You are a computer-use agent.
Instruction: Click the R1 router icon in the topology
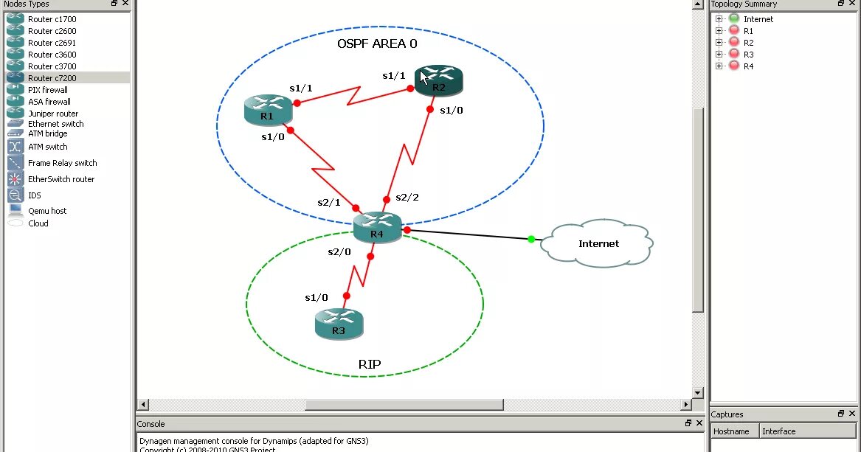coord(267,109)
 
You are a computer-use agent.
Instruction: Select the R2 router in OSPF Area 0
coord(439,80)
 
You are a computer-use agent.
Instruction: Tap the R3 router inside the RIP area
coord(339,323)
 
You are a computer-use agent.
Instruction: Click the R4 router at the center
coord(377,227)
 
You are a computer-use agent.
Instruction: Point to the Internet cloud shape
coord(598,243)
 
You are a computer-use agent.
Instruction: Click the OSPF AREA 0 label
coord(377,44)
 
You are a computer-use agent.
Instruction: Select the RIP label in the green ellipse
coord(370,364)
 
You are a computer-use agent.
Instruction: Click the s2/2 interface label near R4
coord(407,198)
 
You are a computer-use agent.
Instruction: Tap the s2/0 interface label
coord(339,252)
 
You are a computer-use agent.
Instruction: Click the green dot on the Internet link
coord(531,239)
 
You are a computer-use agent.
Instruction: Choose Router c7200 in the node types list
coord(52,78)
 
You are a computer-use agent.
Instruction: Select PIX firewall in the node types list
coord(48,90)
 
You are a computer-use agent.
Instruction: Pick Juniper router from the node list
coord(53,114)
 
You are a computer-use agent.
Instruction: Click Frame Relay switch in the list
coord(63,163)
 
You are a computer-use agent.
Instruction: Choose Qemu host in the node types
coord(47,211)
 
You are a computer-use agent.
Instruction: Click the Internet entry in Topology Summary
coord(758,19)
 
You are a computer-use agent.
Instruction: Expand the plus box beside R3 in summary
coord(719,55)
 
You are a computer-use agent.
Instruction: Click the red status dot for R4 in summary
coord(734,66)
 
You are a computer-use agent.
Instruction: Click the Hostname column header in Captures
coord(732,431)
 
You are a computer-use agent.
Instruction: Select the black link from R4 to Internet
coord(472,235)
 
